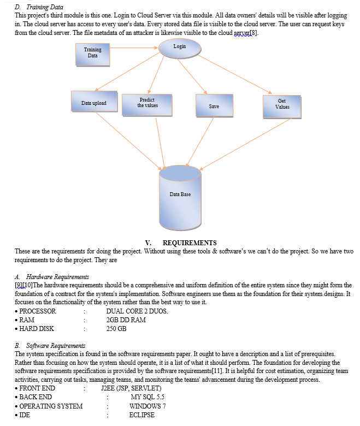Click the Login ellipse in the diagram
[x=180, y=49]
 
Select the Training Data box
[x=93, y=54]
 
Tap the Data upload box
[x=95, y=101]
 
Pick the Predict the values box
[x=147, y=105]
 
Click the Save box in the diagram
[x=214, y=105]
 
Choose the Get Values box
[x=282, y=106]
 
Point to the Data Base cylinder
[x=180, y=198]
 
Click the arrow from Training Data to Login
[x=134, y=48]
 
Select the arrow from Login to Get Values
[x=234, y=74]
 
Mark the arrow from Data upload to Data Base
[x=128, y=141]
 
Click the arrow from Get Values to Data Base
[x=245, y=144]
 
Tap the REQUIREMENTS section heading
[x=190, y=242]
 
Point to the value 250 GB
[x=116, y=329]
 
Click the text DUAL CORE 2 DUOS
[x=137, y=311]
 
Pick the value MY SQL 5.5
[x=147, y=397]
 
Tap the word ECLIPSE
[x=142, y=415]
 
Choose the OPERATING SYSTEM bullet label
[x=51, y=406]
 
